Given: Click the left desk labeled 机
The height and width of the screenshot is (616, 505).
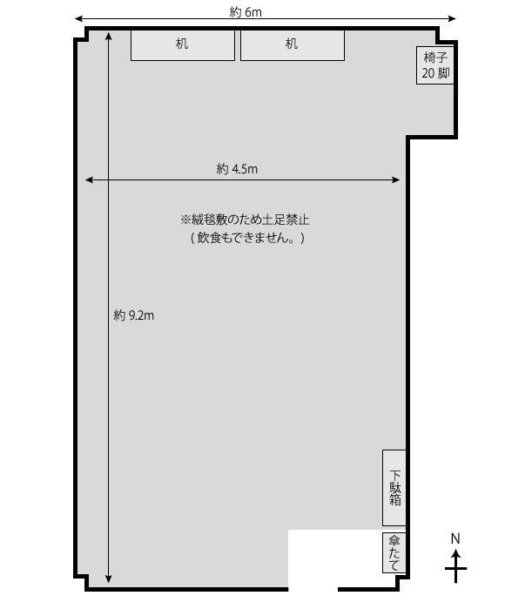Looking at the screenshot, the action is [x=183, y=44].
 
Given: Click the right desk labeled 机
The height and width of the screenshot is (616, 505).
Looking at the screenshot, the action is [x=293, y=44].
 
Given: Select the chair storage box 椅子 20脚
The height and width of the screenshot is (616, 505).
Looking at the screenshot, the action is [x=435, y=65].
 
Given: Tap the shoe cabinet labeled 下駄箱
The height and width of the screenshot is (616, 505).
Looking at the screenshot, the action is [x=394, y=488].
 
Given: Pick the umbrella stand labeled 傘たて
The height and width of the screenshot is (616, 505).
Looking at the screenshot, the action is [x=394, y=552].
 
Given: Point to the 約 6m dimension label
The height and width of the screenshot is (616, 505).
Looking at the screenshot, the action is [x=246, y=12].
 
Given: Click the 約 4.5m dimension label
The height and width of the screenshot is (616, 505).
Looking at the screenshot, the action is [x=237, y=169].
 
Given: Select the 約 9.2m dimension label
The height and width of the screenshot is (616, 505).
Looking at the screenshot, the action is [x=134, y=315].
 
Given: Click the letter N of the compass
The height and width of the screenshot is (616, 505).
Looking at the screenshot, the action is [x=455, y=538].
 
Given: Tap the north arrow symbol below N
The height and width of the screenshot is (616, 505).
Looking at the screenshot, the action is [x=455, y=566].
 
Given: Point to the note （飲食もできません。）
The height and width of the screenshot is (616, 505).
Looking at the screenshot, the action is [x=247, y=238].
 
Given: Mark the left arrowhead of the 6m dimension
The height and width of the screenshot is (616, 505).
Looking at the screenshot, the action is [x=77, y=18].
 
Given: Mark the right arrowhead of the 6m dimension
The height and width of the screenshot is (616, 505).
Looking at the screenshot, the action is [x=453, y=18].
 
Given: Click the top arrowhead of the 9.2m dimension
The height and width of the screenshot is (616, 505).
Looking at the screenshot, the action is [x=108, y=36].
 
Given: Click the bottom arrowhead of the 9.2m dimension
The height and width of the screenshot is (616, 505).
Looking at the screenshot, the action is [x=108, y=579].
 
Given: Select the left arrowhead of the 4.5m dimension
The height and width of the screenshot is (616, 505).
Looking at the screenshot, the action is [x=89, y=180].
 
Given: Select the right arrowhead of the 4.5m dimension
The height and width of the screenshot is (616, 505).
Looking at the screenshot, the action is [x=396, y=180].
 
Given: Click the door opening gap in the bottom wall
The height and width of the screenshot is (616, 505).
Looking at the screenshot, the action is [x=313, y=589].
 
